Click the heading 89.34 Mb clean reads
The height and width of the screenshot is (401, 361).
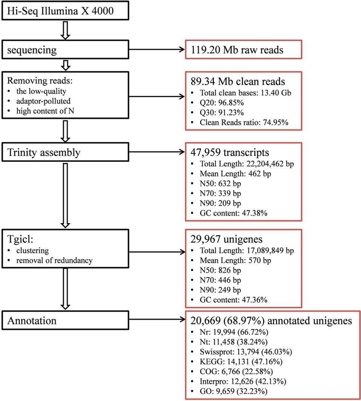238,82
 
